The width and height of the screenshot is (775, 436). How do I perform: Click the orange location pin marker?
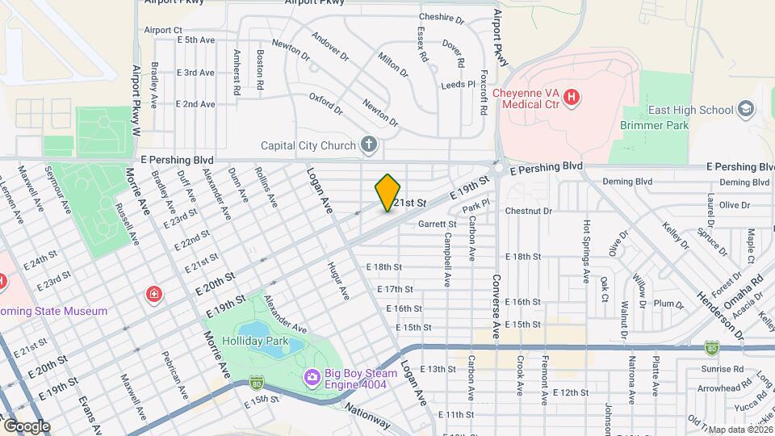pos(387,193)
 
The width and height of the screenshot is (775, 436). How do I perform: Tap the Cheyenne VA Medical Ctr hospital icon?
pos(572,98)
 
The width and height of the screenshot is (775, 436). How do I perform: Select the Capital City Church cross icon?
pos(368,145)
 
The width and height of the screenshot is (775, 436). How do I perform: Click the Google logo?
pos(26,426)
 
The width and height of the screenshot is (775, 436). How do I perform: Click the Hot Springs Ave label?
pos(587,252)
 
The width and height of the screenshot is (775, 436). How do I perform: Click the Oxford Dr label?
pos(326,105)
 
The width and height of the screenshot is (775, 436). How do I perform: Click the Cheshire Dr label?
pos(442,18)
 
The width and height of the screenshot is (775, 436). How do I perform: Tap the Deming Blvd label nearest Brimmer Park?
pos(627,182)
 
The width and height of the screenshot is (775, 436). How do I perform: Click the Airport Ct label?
pos(163,30)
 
